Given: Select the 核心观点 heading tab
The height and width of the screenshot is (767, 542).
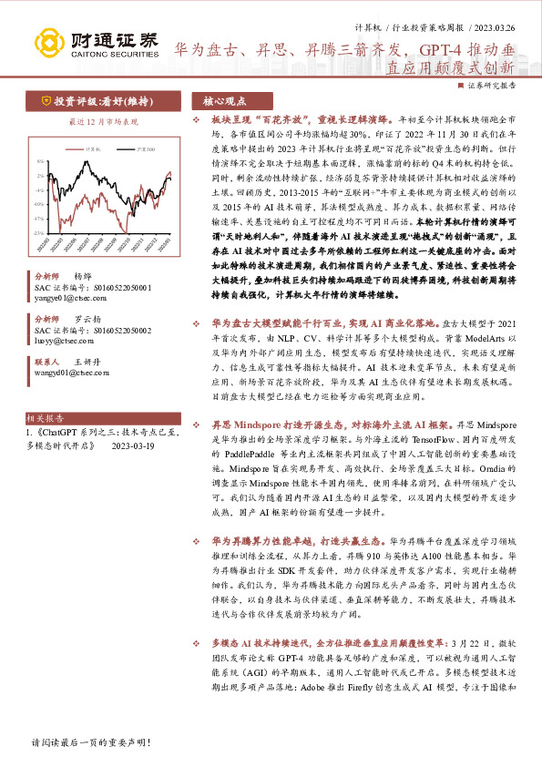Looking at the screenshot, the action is (224, 102).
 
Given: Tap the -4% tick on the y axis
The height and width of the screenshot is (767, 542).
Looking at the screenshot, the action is (36, 189).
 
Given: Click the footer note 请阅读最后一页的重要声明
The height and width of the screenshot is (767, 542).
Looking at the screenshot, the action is (91, 743).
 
